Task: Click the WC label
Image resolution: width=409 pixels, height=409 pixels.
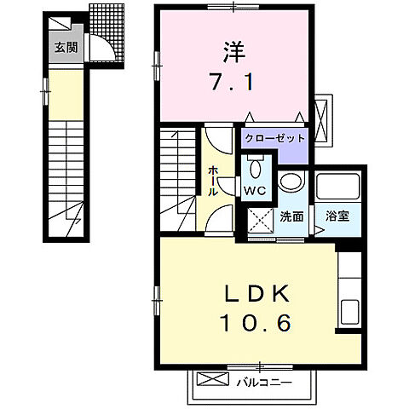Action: pos(255,189)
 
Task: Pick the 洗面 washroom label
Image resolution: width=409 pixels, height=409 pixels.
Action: pos(291,216)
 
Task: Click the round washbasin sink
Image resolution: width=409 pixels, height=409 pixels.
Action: pos(291,181)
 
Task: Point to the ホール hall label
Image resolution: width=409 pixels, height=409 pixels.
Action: pos(213,181)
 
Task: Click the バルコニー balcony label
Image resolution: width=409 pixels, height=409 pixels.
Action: pos(264,382)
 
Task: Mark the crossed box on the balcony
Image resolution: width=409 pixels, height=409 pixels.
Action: pos(209,381)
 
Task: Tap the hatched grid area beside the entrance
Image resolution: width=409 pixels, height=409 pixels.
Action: pos(106,18)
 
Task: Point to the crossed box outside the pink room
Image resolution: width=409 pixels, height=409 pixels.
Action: pos(321,112)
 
